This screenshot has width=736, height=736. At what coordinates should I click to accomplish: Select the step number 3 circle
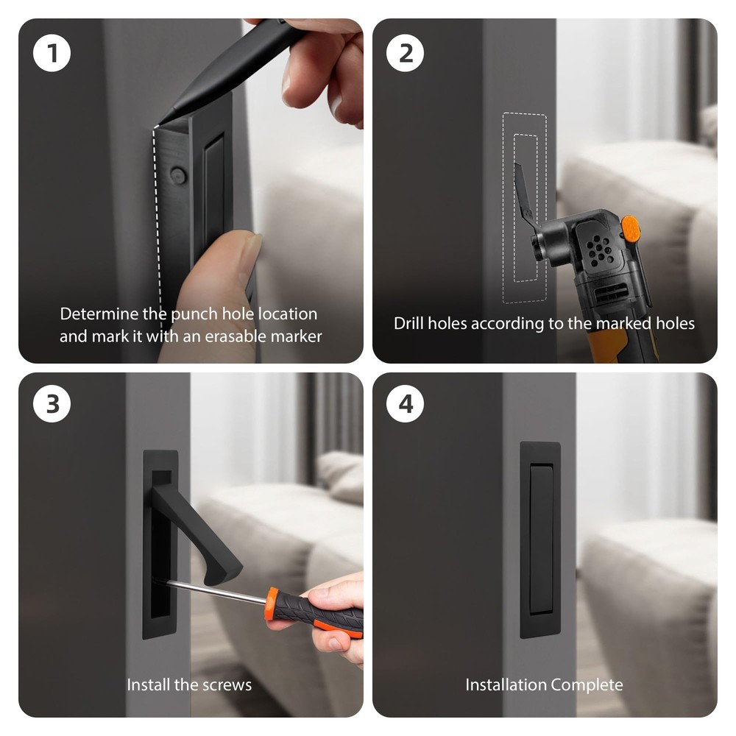point(52,403)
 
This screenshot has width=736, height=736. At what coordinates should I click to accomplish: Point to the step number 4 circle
point(405,403)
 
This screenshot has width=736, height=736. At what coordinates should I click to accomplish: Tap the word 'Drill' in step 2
point(408,323)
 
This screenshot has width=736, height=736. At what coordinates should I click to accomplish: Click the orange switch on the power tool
point(630,229)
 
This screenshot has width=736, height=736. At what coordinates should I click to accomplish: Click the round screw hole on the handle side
point(178,175)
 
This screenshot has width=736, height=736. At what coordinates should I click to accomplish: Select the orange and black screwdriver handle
point(314,612)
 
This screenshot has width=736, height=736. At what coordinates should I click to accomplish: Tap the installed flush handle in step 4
point(540,539)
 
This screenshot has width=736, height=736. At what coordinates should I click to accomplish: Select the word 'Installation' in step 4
point(506,684)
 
